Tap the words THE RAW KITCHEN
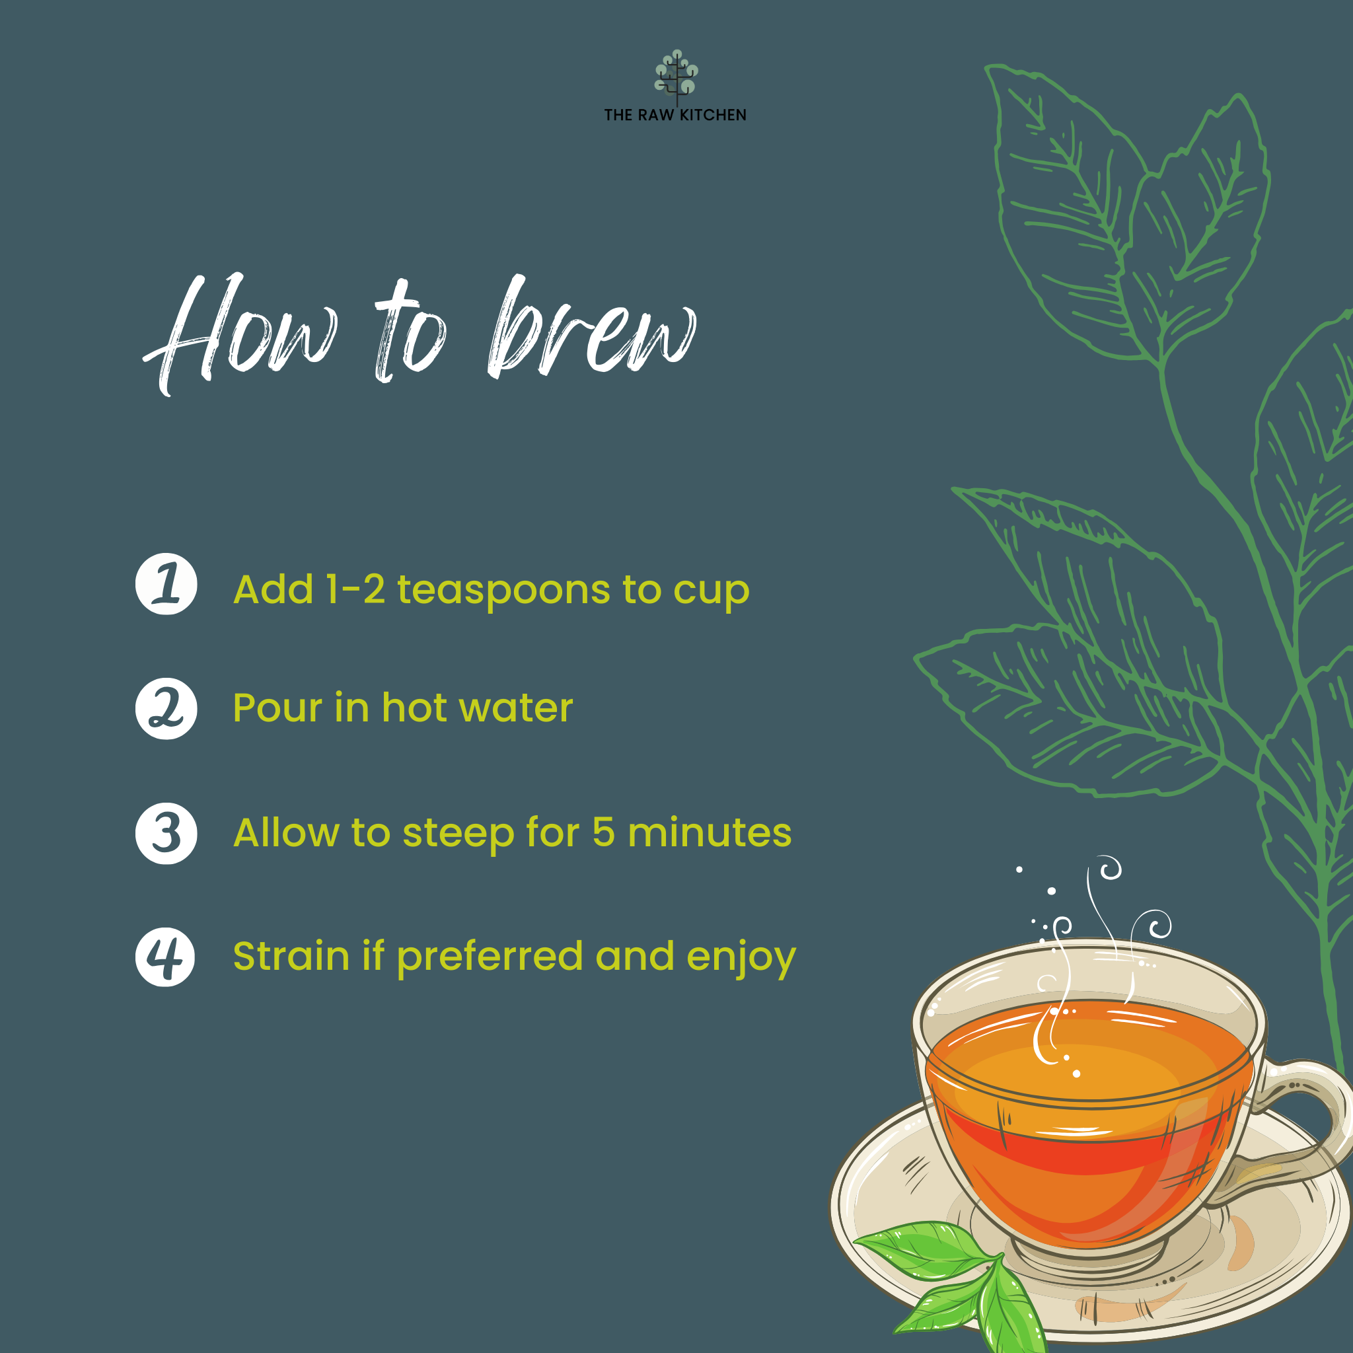(675, 115)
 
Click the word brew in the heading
(592, 329)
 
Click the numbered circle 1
(166, 584)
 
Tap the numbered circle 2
(166, 709)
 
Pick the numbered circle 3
(166, 833)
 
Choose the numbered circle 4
(165, 957)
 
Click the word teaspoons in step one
(503, 590)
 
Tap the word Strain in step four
(291, 957)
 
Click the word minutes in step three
(710, 832)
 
